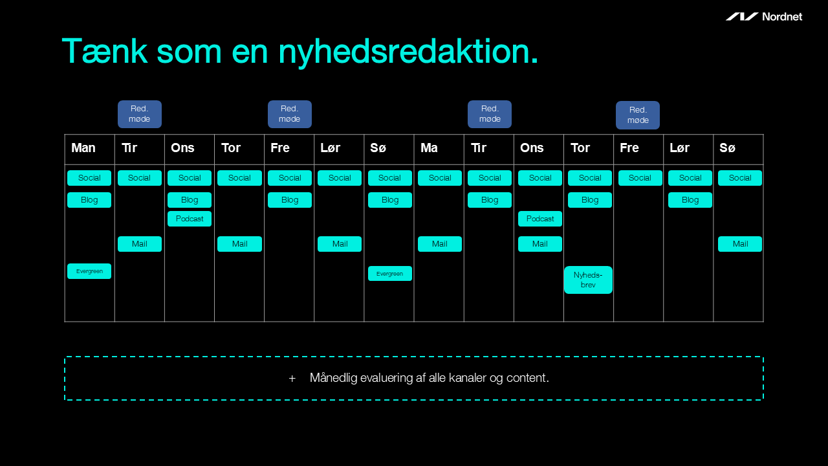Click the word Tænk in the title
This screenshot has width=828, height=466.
105,51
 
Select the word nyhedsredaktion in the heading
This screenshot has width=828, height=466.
408,52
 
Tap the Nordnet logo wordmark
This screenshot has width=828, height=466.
782,17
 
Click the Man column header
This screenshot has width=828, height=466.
83,148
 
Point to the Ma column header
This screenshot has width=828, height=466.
429,148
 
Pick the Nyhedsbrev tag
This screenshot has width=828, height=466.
588,280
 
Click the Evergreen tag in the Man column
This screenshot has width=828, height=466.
89,271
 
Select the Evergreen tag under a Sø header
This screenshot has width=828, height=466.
389,274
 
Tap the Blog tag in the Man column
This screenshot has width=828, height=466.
89,200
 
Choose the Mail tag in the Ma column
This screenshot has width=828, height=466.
440,244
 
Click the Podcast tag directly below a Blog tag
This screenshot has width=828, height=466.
190,219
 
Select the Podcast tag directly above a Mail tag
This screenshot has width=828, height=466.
540,219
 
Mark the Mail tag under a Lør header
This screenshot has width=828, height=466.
340,244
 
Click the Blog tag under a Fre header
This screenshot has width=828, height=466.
290,200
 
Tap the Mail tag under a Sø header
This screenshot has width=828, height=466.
740,244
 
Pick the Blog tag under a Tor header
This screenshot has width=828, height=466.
590,200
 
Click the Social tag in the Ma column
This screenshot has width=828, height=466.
440,178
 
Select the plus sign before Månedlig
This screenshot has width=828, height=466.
292,379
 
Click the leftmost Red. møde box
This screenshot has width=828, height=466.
140,114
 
